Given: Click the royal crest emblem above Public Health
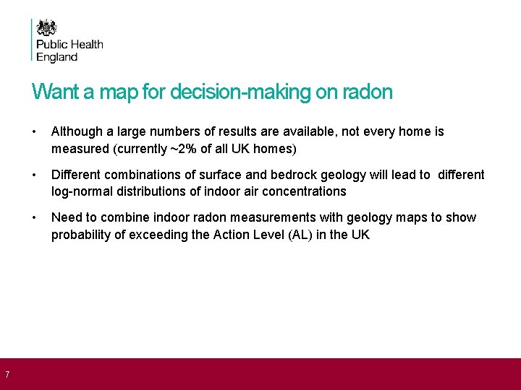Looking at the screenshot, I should [x=47, y=28].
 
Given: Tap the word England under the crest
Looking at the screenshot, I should [x=57, y=57].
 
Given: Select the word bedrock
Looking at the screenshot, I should [x=315, y=175].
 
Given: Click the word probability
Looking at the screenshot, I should [x=81, y=235].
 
